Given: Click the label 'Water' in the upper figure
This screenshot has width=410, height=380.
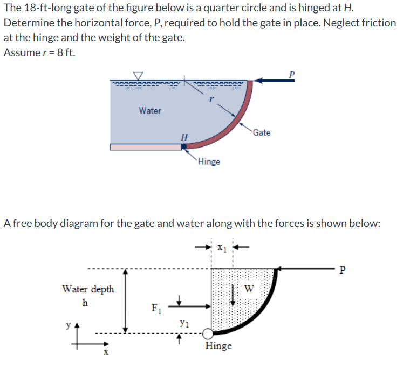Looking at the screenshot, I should point(149,111).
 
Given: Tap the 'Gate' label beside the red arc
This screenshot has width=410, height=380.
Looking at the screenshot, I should point(262,132).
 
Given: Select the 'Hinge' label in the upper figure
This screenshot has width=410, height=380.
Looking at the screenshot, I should point(209,162).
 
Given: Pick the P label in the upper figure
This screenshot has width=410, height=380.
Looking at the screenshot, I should point(292,74).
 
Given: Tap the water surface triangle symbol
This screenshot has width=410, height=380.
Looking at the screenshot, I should point(139,76).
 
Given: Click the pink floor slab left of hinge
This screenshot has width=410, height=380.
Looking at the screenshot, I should point(146,147).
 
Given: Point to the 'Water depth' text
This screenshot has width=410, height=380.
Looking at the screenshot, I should point(88,289).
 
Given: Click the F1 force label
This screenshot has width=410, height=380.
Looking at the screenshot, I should point(155,310).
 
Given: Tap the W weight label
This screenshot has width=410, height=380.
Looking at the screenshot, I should point(248,288).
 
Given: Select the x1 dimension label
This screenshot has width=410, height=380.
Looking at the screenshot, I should point(222,249).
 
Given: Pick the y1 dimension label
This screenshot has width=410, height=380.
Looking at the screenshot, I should point(184,324).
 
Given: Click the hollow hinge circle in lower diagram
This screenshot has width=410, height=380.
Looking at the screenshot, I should point(208,334).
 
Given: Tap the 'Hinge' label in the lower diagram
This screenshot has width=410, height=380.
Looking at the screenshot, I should point(218,346).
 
